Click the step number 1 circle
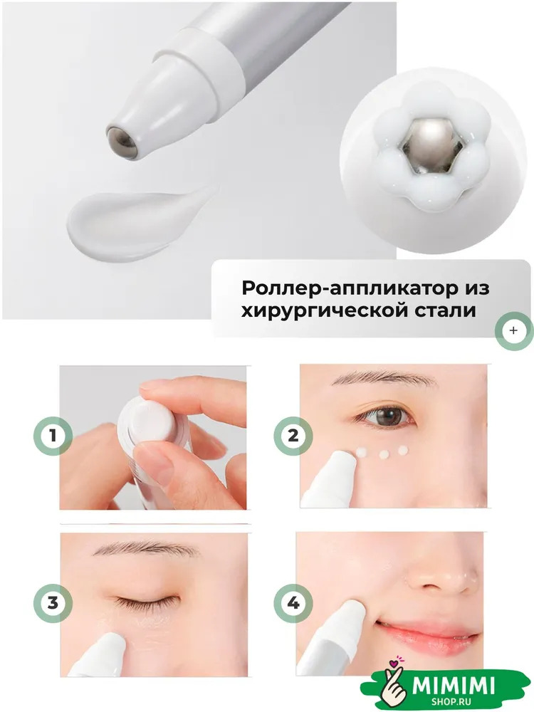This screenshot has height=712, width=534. point(53,436)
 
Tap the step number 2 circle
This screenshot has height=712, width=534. point(293,436)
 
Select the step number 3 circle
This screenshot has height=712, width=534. point(53,604)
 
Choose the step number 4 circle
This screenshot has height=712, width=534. point(293,604)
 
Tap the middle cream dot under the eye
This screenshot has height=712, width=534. point(384,453)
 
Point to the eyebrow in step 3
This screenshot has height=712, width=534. point(145,550)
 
